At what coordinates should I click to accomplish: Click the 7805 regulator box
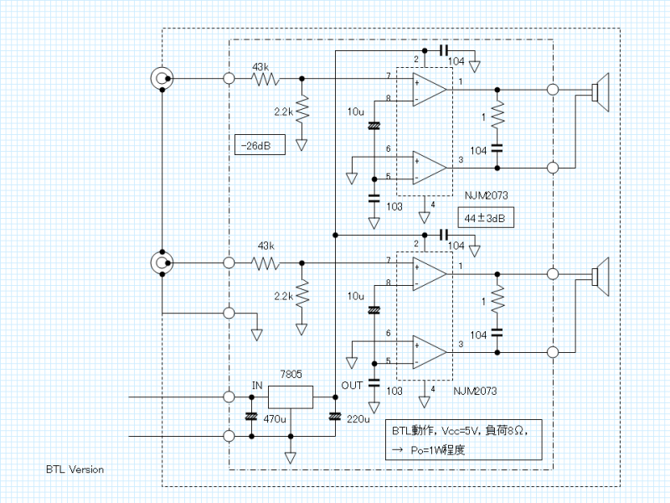click(x=290, y=396)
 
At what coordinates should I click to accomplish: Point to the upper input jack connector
click(x=162, y=80)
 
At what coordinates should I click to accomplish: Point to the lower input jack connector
click(x=162, y=262)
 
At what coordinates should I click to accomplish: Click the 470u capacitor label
click(x=276, y=417)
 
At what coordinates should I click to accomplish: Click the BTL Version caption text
click(x=75, y=469)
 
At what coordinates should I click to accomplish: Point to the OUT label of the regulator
click(x=352, y=385)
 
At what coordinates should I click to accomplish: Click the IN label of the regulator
click(x=257, y=385)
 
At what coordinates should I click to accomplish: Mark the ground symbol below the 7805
click(x=291, y=457)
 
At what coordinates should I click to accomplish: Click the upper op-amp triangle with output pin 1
click(x=430, y=88)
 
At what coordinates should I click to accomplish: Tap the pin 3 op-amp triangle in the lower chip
click(x=430, y=350)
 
